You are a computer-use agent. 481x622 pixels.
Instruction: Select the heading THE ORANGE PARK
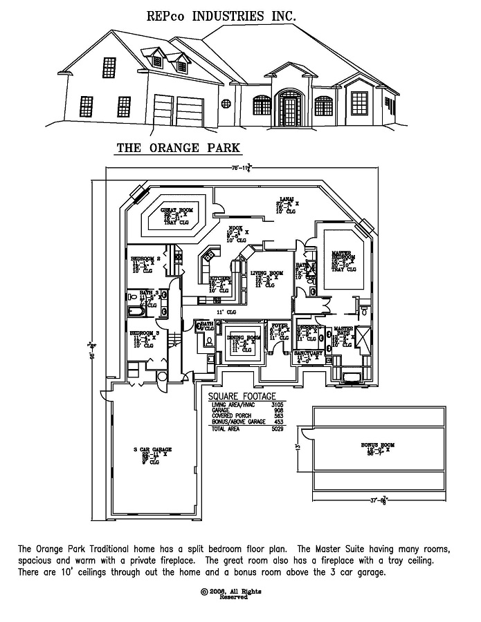[x=178, y=147]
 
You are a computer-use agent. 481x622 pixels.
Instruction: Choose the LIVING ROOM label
[x=266, y=274]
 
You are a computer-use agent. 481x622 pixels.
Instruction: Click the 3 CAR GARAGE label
[x=152, y=450]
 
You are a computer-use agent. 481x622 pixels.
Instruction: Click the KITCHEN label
[x=220, y=279]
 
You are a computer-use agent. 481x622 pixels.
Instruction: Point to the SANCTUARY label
[x=309, y=352]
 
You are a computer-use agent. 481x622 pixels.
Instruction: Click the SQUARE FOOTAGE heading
[x=239, y=397]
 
